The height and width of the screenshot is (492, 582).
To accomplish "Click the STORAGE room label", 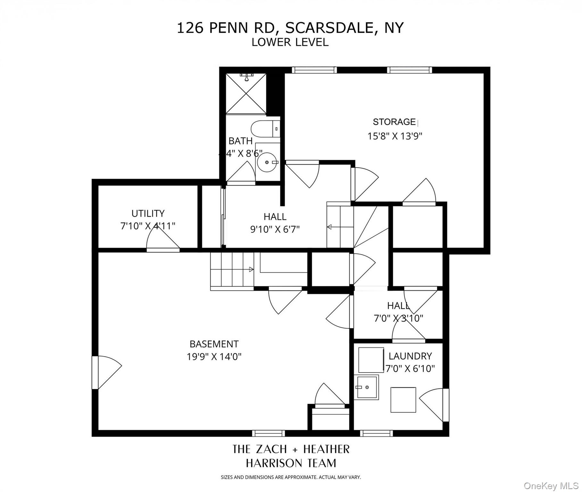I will click(x=394, y=122).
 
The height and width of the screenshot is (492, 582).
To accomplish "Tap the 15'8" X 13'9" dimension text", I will click(x=395, y=136).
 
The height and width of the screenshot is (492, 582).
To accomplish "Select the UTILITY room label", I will click(x=148, y=213).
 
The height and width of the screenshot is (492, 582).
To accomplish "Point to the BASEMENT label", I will click(x=214, y=344).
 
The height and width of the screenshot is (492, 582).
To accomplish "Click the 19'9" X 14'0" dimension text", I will click(x=214, y=357).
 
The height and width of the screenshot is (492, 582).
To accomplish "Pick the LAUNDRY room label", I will click(x=410, y=356).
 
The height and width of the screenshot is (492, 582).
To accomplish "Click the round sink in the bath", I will click(x=267, y=162).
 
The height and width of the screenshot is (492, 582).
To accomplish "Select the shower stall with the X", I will click(x=246, y=94).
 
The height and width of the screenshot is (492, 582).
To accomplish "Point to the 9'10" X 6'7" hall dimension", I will click(x=275, y=229).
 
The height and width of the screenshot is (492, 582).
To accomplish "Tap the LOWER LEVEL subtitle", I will click(x=290, y=42).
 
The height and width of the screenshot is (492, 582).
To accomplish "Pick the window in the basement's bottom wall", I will click(x=268, y=433).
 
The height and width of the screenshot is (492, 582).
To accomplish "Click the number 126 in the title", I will click(x=190, y=28).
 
